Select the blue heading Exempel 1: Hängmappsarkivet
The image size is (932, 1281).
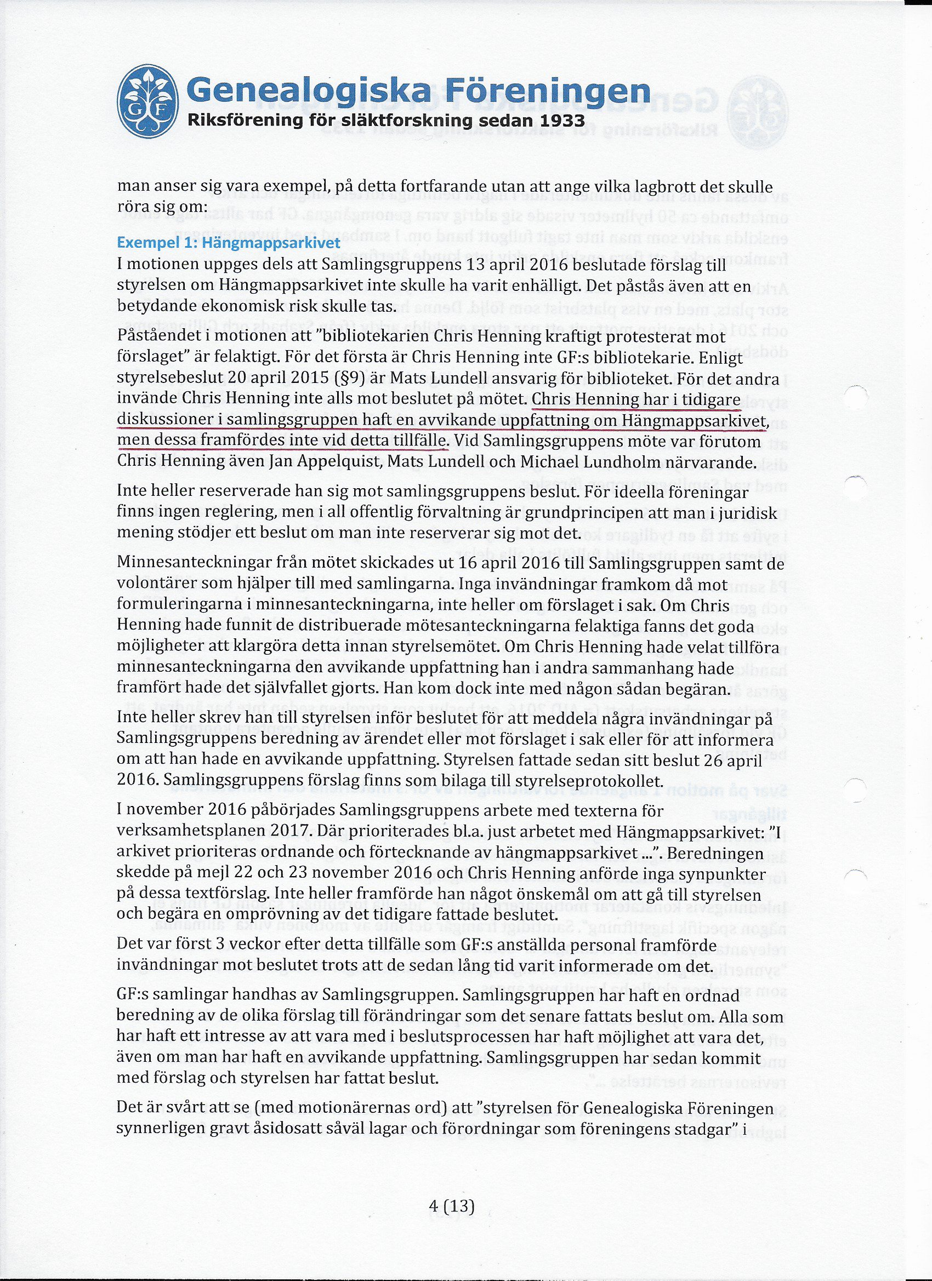(228, 243)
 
